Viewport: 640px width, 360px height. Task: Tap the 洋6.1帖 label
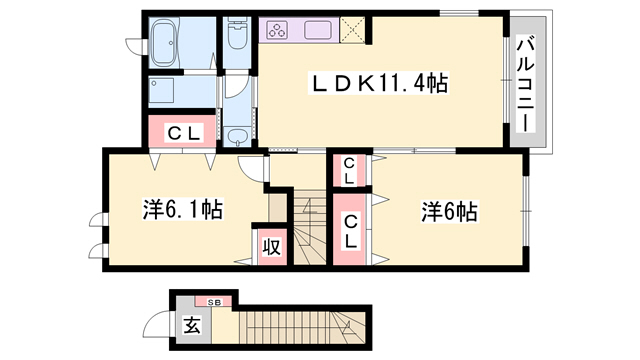tap(182, 209)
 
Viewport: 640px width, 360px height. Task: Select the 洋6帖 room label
tap(449, 212)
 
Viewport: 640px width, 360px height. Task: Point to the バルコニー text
tap(526, 84)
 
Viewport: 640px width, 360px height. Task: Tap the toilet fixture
tap(237, 33)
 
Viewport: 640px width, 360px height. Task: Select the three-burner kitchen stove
tap(277, 30)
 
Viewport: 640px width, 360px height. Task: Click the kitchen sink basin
tap(318, 30)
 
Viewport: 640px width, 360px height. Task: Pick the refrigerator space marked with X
tap(352, 29)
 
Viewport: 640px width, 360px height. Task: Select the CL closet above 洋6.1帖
tap(182, 131)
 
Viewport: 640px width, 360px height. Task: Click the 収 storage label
tap(271, 247)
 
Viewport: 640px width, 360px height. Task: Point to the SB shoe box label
tap(214, 302)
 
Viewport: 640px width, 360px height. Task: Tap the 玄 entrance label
tap(192, 326)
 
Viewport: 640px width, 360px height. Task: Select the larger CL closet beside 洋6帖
tap(350, 229)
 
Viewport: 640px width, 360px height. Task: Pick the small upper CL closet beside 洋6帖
tap(349, 171)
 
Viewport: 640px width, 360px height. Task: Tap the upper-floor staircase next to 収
tap(309, 227)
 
